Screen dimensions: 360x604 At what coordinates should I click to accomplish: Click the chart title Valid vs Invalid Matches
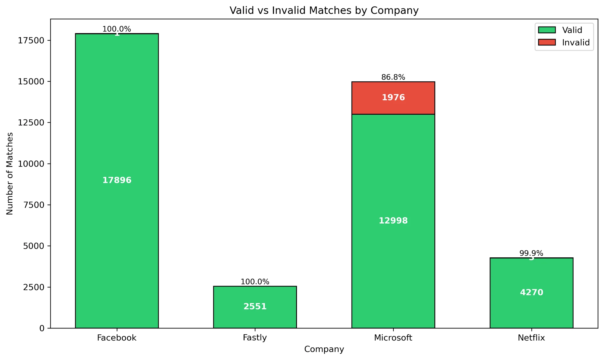tap(324, 11)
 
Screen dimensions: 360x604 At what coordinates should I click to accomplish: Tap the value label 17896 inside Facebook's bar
tap(117, 180)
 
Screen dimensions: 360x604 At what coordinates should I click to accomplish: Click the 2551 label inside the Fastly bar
tap(255, 307)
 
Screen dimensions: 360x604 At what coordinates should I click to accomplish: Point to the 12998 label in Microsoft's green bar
tap(393, 221)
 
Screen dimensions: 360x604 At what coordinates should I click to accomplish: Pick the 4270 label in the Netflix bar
tap(531, 292)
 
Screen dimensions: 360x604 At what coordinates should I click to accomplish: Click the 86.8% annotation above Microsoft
tap(393, 77)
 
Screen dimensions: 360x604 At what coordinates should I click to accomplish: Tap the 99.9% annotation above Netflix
tap(531, 253)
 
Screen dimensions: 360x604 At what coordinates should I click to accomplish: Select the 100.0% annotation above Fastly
tap(255, 282)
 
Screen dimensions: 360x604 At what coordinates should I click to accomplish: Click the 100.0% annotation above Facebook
tap(117, 29)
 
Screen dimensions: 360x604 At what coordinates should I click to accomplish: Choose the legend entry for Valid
tap(572, 30)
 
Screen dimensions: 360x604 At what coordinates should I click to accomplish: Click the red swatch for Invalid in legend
tap(546, 42)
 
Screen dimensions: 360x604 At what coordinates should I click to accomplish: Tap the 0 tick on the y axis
tap(42, 328)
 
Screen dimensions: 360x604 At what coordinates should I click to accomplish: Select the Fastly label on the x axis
tap(255, 338)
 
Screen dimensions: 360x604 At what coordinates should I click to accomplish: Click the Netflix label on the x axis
tap(531, 338)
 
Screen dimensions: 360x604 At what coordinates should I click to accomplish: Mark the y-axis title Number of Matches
tap(10, 173)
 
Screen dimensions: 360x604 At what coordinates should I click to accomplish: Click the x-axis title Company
tap(324, 349)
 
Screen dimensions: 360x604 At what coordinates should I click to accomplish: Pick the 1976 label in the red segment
tap(393, 97)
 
